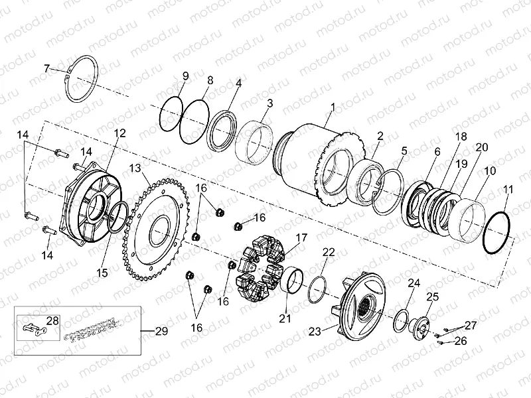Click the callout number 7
pyautogui.click(x=46, y=68)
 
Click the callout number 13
pyautogui.click(x=135, y=167)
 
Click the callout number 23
pyautogui.click(x=315, y=329)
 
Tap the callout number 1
pyautogui.click(x=333, y=107)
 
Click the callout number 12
pyautogui.click(x=119, y=133)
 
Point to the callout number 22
pyautogui.click(x=329, y=252)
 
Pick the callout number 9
pyautogui.click(x=185, y=75)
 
